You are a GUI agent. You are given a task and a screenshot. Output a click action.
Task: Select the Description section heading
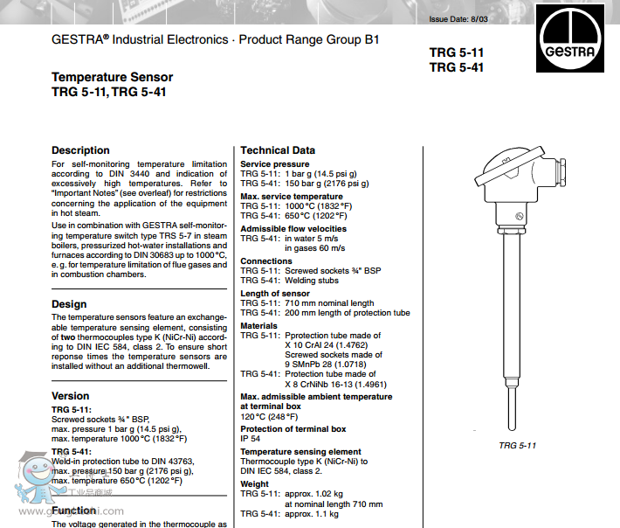80,150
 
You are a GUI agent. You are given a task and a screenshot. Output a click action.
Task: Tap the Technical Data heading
278,150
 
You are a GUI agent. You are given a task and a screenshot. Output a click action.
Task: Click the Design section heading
69,304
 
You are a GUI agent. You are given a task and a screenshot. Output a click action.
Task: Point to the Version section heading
71,396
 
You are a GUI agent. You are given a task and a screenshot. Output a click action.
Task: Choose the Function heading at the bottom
74,510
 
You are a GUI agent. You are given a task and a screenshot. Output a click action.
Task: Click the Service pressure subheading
275,164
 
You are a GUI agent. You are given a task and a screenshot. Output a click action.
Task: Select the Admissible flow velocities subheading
293,229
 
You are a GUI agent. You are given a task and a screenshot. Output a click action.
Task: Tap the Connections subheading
266,261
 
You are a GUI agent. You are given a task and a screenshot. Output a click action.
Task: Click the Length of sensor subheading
275,294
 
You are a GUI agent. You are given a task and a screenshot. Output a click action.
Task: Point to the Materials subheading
258,326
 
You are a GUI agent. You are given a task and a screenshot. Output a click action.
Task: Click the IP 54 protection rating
251,439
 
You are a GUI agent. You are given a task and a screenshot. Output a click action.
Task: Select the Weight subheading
255,483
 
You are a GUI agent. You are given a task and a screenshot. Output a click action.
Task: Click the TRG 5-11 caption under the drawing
517,446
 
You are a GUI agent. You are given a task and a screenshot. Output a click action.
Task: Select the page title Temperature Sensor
112,78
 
